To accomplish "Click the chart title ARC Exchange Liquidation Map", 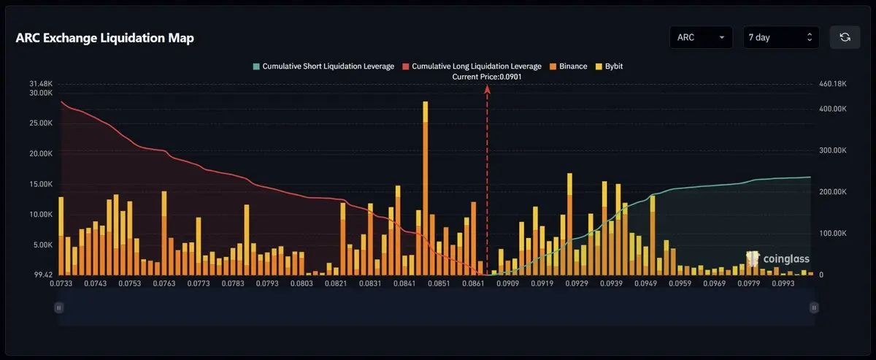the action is (x=105, y=38).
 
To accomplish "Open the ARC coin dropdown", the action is (x=701, y=37).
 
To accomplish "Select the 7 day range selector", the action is (x=781, y=37).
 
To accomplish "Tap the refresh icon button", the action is (x=845, y=37).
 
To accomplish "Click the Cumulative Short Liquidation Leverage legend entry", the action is (x=323, y=66).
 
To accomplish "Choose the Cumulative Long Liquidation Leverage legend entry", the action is (x=472, y=66).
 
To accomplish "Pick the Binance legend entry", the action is (x=569, y=66).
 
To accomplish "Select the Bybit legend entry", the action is (x=610, y=66).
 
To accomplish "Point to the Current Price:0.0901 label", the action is (x=487, y=77).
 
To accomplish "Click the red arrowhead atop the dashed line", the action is (x=488, y=90).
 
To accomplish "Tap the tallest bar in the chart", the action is (x=425, y=188).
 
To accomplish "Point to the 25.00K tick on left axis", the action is (x=41, y=123).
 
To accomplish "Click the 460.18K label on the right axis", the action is (x=833, y=84).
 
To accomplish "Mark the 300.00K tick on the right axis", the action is (x=833, y=150).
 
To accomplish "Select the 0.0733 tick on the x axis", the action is (x=61, y=283).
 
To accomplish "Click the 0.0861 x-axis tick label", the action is (x=473, y=283).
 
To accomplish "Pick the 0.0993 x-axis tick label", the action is (x=783, y=283).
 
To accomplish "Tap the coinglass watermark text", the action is (x=786, y=259).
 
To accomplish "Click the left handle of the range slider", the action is (x=58, y=307).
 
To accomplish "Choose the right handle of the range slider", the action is (x=814, y=307).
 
